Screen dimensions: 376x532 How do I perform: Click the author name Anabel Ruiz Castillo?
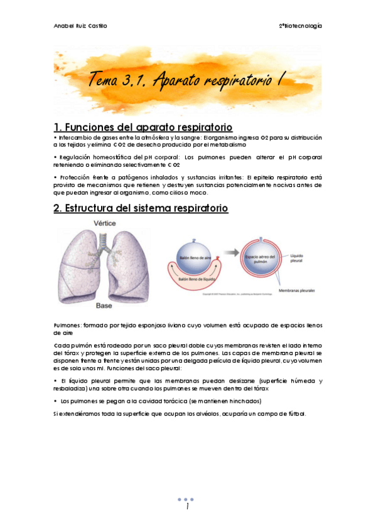80,26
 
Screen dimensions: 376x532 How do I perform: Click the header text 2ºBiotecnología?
300,26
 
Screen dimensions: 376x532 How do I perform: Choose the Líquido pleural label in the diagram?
311,258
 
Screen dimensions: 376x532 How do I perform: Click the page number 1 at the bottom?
187,507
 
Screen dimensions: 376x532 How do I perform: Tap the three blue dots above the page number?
187,499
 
